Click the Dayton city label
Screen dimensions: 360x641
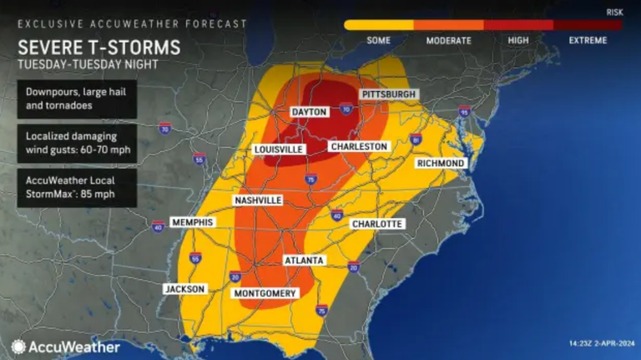(x=309, y=112)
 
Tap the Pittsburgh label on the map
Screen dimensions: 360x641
(x=388, y=94)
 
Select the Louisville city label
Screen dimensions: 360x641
(x=278, y=150)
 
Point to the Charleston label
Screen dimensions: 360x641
(x=359, y=146)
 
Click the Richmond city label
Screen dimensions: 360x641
(x=440, y=163)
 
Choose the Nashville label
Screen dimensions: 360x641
(x=258, y=200)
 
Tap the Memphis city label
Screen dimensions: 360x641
(x=192, y=222)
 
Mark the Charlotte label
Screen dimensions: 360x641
(x=377, y=224)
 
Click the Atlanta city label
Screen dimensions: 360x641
(x=304, y=261)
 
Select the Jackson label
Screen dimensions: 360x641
(x=184, y=289)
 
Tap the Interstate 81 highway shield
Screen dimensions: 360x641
(x=415, y=140)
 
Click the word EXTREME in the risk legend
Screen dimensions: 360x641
(x=588, y=40)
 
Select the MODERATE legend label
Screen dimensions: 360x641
(x=449, y=40)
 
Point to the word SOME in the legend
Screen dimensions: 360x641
(x=380, y=40)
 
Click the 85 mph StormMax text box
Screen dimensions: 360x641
(x=76, y=188)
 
